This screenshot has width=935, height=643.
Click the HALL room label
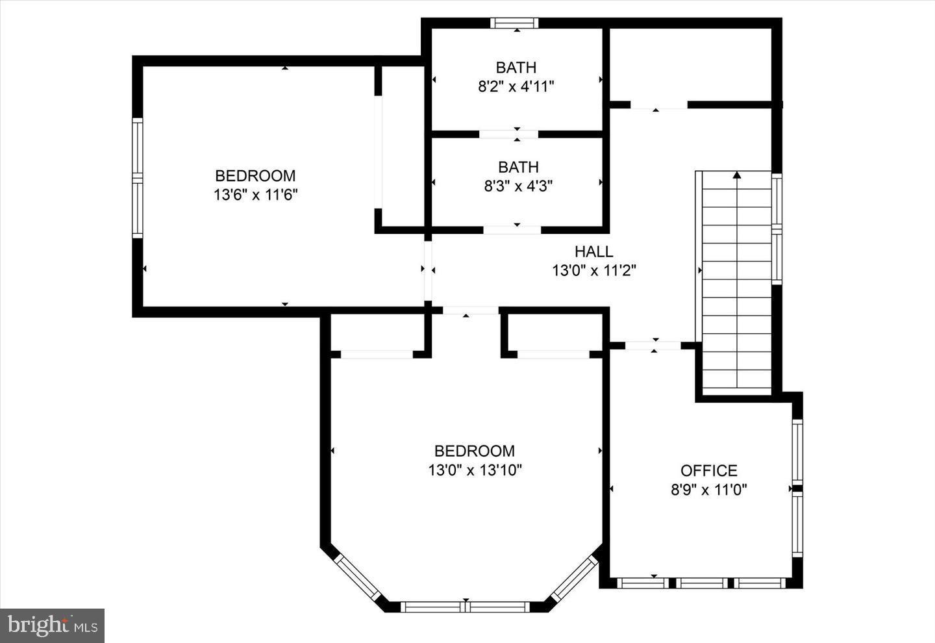click(x=593, y=251)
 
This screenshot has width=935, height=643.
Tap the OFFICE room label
click(x=708, y=470)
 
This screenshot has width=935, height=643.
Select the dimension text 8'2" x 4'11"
click(x=516, y=86)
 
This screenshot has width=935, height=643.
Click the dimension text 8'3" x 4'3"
click(x=517, y=186)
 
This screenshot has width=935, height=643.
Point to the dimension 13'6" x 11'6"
click(x=255, y=195)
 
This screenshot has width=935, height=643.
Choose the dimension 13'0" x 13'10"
click(x=475, y=470)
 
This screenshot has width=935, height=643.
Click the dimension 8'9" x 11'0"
click(x=708, y=489)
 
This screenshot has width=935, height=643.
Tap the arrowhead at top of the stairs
click(x=736, y=174)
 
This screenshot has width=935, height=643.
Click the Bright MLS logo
click(x=53, y=625)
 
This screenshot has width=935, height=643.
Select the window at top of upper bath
click(x=514, y=23)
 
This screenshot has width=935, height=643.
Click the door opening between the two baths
click(x=508, y=134)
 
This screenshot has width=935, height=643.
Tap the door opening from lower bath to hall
click(x=512, y=229)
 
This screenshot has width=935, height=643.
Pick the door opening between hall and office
click(x=653, y=346)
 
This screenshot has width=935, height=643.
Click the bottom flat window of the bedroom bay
click(x=466, y=607)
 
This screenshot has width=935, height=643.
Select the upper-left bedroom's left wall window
click(x=137, y=177)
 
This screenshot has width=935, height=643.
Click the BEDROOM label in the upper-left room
click(x=255, y=176)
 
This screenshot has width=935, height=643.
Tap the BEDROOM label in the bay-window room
click(x=475, y=451)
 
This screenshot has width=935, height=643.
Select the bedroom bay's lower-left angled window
click(x=357, y=578)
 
